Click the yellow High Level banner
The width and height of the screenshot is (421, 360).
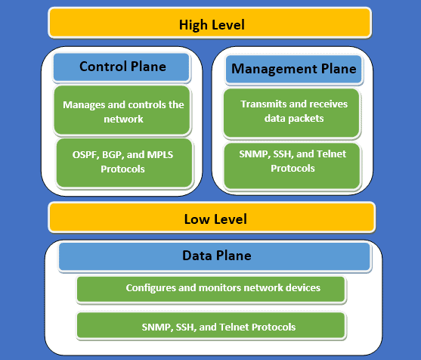click(x=211, y=23)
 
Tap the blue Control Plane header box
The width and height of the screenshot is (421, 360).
click(x=121, y=67)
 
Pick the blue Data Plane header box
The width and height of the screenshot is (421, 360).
click(x=215, y=256)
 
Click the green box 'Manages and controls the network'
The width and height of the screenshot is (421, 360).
click(x=123, y=111)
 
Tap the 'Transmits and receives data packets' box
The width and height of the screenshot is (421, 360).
click(x=292, y=111)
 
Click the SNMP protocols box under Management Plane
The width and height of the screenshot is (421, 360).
click(x=292, y=160)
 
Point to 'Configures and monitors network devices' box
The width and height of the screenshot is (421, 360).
click(x=212, y=287)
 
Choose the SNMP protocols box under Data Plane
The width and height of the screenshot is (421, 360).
click(x=212, y=326)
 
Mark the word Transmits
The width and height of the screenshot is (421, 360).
click(x=262, y=104)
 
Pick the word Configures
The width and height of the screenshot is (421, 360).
click(x=149, y=287)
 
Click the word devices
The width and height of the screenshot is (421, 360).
click(x=301, y=287)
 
